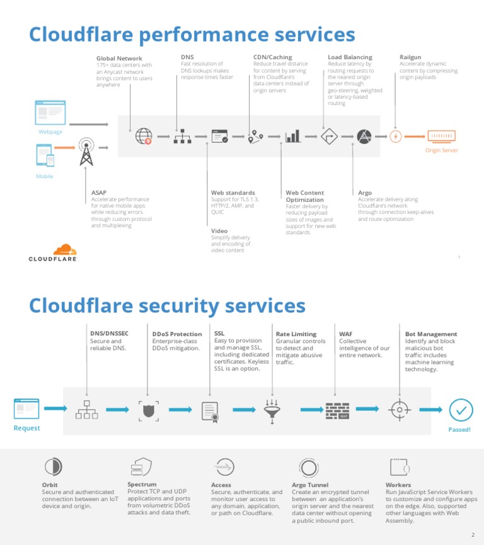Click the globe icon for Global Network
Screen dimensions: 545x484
(144, 136)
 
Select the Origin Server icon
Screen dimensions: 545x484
(441, 136)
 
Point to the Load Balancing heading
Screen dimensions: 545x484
(350, 57)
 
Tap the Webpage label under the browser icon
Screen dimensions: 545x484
(50, 132)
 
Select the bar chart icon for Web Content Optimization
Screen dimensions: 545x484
(292, 136)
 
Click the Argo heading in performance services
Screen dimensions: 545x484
(365, 193)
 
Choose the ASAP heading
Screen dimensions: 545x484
(99, 193)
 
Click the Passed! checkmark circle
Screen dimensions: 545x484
(461, 410)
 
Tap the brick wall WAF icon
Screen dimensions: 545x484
(337, 410)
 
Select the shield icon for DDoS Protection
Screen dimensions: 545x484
(148, 410)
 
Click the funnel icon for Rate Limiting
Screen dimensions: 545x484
(273, 410)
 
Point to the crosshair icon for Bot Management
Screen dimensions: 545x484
(399, 410)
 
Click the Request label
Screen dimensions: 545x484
(26, 428)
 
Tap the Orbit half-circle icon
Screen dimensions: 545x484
(53, 467)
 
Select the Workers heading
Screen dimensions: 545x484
(398, 485)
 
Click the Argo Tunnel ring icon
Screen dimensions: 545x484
(308, 467)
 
